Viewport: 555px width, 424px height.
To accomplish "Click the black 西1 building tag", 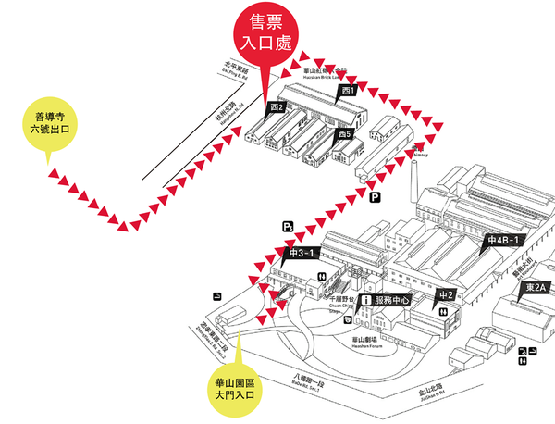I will [348, 91].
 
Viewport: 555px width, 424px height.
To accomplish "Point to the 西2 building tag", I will [276, 107].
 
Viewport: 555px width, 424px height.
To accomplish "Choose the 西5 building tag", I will [344, 134].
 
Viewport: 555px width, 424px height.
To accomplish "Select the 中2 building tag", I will [446, 295].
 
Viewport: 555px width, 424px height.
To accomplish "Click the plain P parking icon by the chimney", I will [375, 197].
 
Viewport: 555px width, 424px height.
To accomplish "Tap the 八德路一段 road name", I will [308, 380].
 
